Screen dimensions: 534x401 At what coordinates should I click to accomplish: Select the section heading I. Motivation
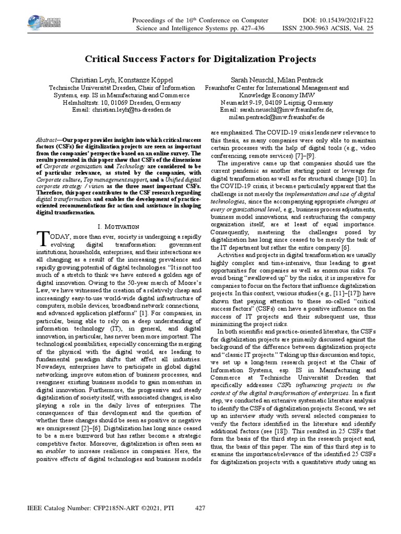coord(117,226)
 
